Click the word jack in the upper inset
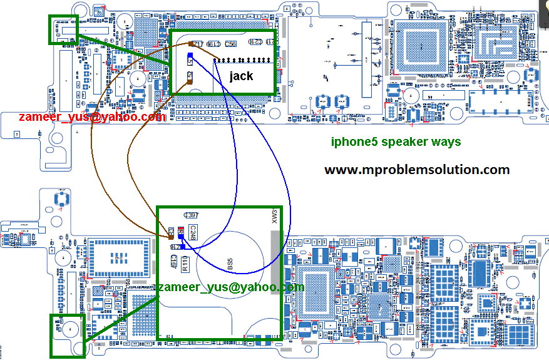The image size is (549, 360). point(240,76)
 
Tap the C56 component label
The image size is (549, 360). point(230,44)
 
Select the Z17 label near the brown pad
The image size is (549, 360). point(199,44)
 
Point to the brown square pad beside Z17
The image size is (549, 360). point(190,43)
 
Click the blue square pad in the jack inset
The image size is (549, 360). point(189,55)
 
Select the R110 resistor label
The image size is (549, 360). point(185,264)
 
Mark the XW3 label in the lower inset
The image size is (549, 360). point(274,217)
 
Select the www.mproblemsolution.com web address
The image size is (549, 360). point(417,170)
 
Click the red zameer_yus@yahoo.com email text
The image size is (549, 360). point(92,116)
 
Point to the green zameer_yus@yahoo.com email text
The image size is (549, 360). point(227,287)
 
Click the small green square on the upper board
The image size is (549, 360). point(64,29)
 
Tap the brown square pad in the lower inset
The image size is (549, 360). point(171,233)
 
